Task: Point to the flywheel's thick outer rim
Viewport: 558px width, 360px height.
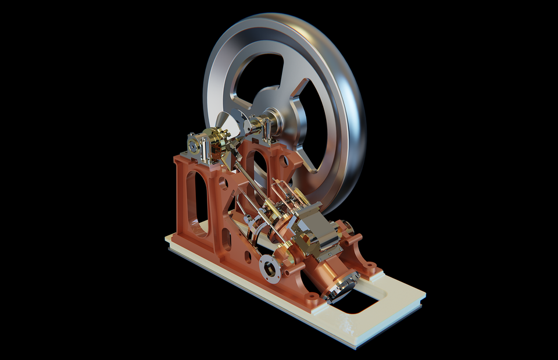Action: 349,116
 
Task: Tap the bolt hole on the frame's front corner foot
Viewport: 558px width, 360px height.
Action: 313,298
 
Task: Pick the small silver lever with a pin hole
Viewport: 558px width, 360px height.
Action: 249,221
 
